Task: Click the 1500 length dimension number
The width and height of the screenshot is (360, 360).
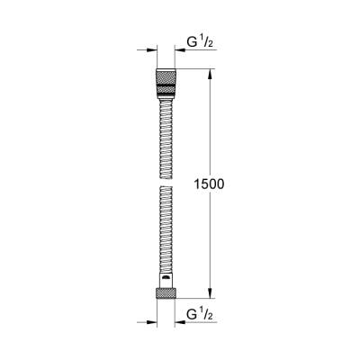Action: (208, 183)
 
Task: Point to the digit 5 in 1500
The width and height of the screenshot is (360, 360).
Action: (202, 183)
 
